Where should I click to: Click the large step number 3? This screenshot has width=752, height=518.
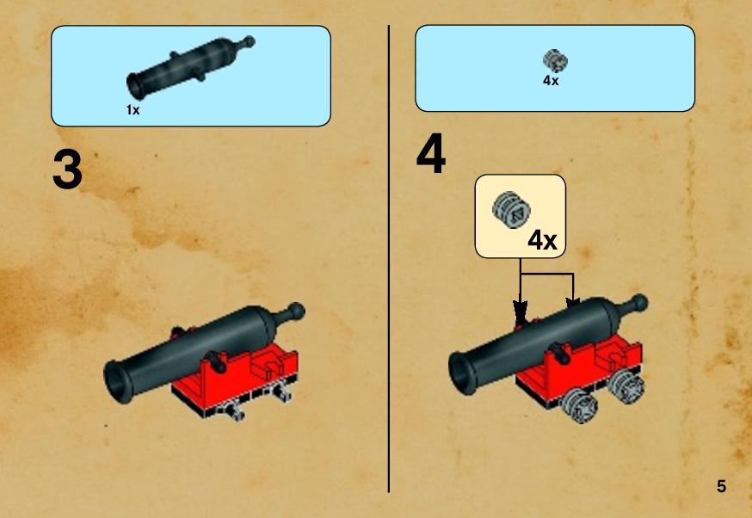point(67,170)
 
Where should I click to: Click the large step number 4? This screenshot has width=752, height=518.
point(431,154)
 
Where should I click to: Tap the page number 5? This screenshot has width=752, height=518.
point(721,486)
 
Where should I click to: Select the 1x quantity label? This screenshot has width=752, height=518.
point(133,110)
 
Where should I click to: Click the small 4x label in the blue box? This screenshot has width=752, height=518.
point(551,81)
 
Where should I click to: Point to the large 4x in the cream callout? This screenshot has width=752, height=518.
point(542,239)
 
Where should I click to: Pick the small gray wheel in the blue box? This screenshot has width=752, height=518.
point(555,61)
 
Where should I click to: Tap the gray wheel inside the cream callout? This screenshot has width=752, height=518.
point(511,210)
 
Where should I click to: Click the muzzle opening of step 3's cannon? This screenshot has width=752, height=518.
point(116,382)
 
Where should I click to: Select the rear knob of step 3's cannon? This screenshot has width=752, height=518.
point(295,311)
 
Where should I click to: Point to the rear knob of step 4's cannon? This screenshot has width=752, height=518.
point(638,303)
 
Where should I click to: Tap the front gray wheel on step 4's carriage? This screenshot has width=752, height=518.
point(580,406)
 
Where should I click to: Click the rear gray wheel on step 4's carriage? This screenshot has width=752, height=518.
point(626,386)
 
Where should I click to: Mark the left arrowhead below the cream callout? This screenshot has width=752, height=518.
point(520,311)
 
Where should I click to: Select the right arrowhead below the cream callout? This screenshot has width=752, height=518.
point(573,304)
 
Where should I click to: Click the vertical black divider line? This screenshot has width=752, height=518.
point(388,258)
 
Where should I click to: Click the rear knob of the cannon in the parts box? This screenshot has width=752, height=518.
point(248,41)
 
